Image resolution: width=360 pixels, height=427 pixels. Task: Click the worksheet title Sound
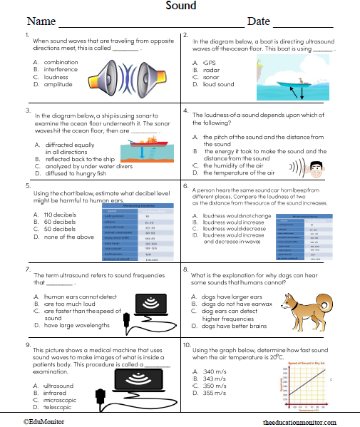tap(181, 6)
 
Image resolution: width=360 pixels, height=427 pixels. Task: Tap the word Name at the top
tap(41, 21)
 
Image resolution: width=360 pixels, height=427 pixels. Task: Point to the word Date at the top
tap(258, 21)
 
